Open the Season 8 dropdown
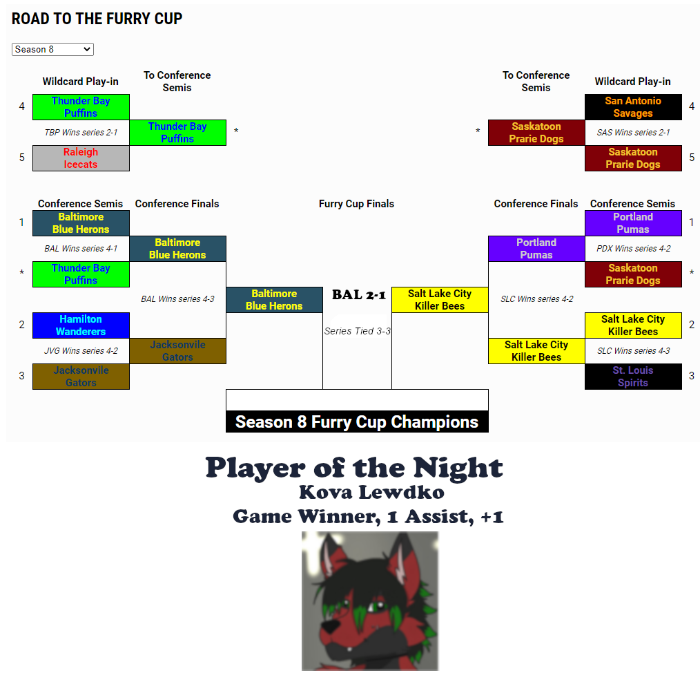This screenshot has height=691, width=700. (x=52, y=49)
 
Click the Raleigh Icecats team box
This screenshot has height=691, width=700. (x=81, y=158)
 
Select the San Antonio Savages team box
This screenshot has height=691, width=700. (x=633, y=107)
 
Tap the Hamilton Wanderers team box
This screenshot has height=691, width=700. (x=81, y=325)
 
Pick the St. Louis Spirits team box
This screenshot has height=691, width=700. (x=633, y=377)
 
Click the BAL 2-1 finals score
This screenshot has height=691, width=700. (x=359, y=295)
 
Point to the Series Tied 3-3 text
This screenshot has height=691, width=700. (x=357, y=331)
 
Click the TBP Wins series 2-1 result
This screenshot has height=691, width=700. (x=81, y=132)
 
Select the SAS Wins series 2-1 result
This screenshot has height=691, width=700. (x=633, y=132)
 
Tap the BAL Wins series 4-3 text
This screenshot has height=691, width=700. (x=177, y=299)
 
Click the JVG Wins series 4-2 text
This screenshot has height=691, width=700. (x=81, y=351)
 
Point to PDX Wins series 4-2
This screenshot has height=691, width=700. (x=634, y=249)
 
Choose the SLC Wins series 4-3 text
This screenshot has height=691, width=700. (x=634, y=351)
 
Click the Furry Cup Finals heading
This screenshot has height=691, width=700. (x=356, y=204)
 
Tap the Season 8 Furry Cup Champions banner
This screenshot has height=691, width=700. (x=357, y=422)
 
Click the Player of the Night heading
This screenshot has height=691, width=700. (x=354, y=468)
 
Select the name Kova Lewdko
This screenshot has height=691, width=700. (x=371, y=492)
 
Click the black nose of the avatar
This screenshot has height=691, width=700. (x=330, y=627)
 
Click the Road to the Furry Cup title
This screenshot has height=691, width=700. (x=97, y=19)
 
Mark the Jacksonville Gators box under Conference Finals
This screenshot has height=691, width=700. (x=177, y=351)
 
